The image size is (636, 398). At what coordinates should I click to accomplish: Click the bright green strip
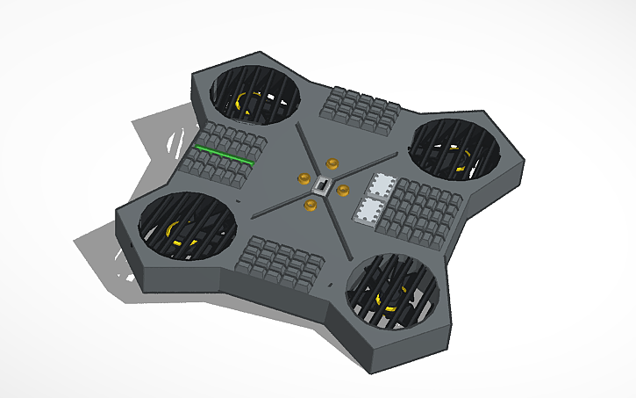tap(225, 155)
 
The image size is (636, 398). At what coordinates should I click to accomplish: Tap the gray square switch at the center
tap(322, 187)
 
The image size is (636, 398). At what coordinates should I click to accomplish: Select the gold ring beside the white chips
tap(342, 190)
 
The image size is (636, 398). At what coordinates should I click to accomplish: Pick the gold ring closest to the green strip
tap(304, 178)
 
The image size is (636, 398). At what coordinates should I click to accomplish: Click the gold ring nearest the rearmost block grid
tap(332, 163)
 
